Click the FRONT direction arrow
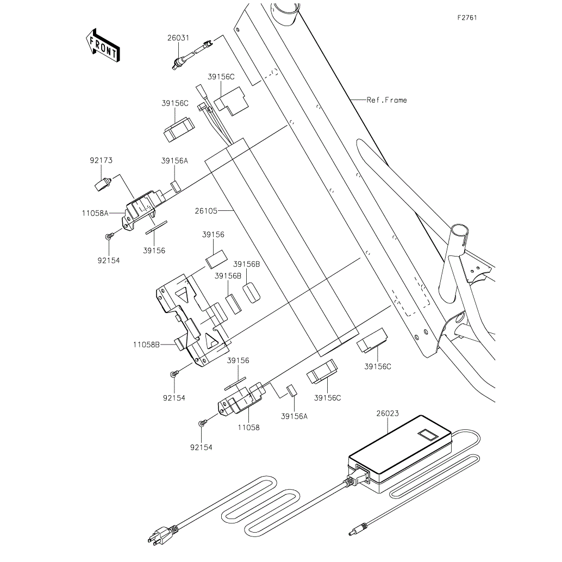point(103,45)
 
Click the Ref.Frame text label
point(386,100)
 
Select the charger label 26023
point(386,414)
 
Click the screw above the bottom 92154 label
point(202,423)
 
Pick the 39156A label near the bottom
point(294,416)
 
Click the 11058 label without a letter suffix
point(248,428)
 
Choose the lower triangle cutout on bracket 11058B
point(211,340)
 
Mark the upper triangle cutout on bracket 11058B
point(182,295)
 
